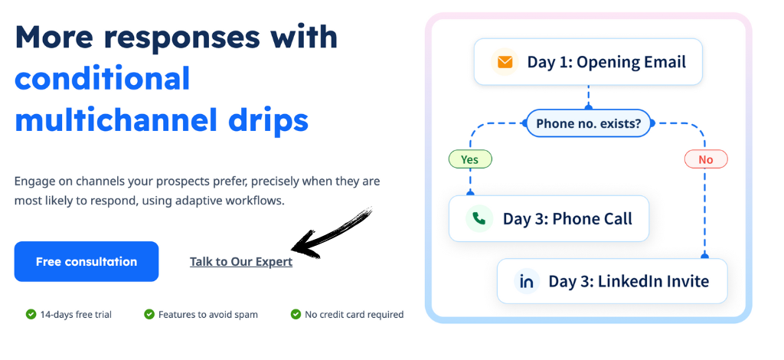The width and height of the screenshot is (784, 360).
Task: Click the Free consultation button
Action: click(x=87, y=261)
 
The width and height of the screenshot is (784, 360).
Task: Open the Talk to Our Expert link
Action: click(x=241, y=261)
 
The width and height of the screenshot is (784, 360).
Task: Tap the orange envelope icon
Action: click(x=505, y=62)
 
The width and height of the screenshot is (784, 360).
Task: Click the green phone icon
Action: click(x=479, y=218)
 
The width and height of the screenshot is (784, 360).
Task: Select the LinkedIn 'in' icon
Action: click(x=527, y=281)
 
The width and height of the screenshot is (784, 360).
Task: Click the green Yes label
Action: click(x=469, y=159)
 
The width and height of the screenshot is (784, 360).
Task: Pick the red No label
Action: click(x=705, y=159)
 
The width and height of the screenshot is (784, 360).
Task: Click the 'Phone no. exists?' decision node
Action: click(x=589, y=123)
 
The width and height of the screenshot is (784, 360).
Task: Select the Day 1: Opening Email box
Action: click(x=588, y=62)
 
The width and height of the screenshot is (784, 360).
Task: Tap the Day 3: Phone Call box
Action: click(x=549, y=218)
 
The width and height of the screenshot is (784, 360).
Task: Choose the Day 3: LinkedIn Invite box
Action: click(x=612, y=281)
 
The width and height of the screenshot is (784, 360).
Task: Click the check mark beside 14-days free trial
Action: click(x=31, y=315)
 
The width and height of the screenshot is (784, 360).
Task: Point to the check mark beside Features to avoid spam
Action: click(x=149, y=315)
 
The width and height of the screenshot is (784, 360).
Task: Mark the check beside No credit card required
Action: click(x=296, y=315)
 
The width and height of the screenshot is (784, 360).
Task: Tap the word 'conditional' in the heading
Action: click(x=103, y=78)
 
